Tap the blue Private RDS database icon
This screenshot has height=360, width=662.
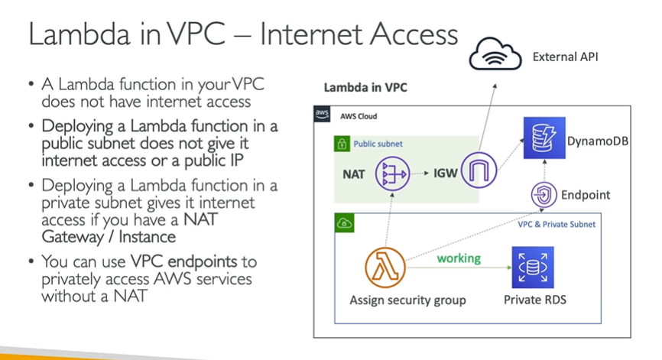[x=533, y=267]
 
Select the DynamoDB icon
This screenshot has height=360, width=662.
[x=544, y=138]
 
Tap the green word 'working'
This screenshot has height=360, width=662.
[x=459, y=258]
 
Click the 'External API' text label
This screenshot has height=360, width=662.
[x=566, y=57]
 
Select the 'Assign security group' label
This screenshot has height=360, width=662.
[x=407, y=300]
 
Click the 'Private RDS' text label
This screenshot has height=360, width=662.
[x=534, y=300]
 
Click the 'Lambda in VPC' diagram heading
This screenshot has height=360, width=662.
[x=365, y=87]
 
